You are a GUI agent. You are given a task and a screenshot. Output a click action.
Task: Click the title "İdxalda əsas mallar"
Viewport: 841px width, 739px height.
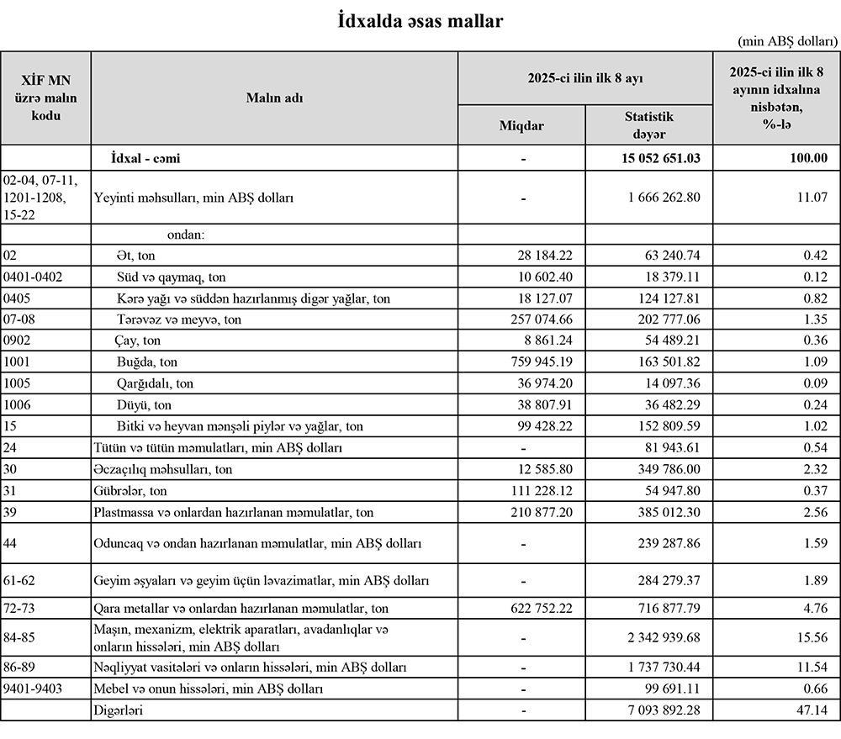click(x=419, y=21)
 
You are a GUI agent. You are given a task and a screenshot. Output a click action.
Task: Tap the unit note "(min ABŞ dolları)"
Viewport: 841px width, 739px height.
click(x=787, y=40)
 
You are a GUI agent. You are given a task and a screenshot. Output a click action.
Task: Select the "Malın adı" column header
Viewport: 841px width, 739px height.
click(x=274, y=98)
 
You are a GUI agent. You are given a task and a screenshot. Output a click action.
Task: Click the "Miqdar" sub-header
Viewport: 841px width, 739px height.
click(x=521, y=125)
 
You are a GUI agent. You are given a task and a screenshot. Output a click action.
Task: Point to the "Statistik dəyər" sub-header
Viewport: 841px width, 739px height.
click(x=648, y=125)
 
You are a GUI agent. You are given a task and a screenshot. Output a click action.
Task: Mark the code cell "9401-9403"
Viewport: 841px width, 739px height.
click(x=33, y=689)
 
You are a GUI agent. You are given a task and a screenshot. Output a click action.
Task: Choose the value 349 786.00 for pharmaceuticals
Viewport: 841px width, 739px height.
click(x=664, y=468)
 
